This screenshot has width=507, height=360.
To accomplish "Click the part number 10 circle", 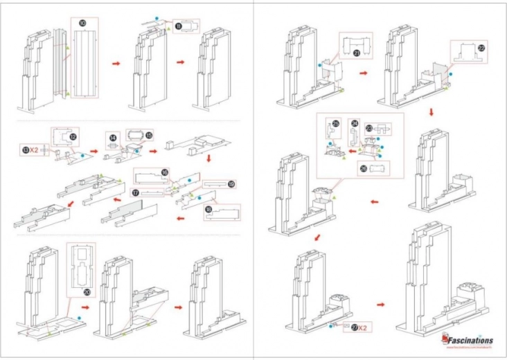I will tap(83, 23).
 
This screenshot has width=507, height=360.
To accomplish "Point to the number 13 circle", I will tap(26, 150).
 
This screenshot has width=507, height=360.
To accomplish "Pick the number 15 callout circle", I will tap(148, 135).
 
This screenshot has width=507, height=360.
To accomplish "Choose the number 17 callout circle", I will tap(136, 192).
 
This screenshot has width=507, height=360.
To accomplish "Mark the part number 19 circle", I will tap(231, 185).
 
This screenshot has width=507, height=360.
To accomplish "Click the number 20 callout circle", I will tap(87, 291).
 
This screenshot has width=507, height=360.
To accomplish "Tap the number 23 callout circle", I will tap(369, 127).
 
